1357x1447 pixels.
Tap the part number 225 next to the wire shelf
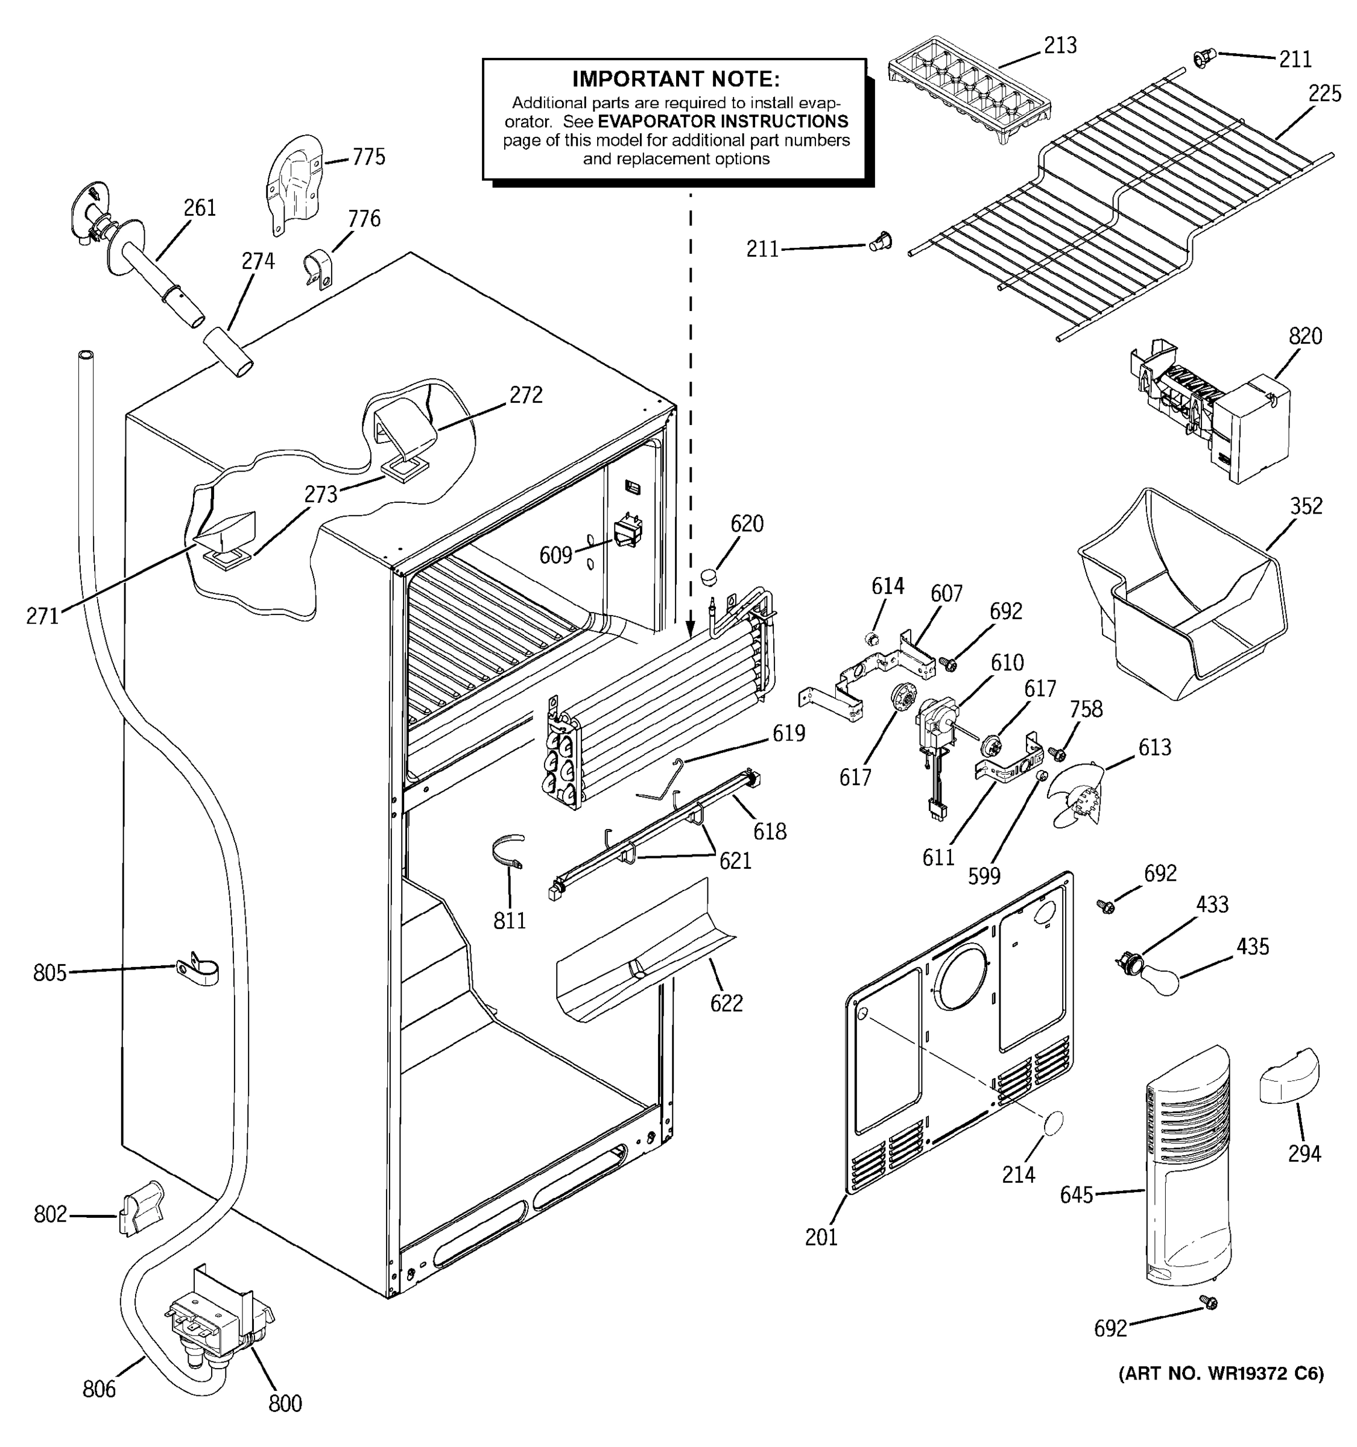[x=1324, y=94]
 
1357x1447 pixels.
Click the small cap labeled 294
[x=1289, y=1077]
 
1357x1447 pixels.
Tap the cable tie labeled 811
[x=507, y=851]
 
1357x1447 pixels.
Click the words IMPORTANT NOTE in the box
[x=675, y=78]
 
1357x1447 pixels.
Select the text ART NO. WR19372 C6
[x=1221, y=1393]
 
